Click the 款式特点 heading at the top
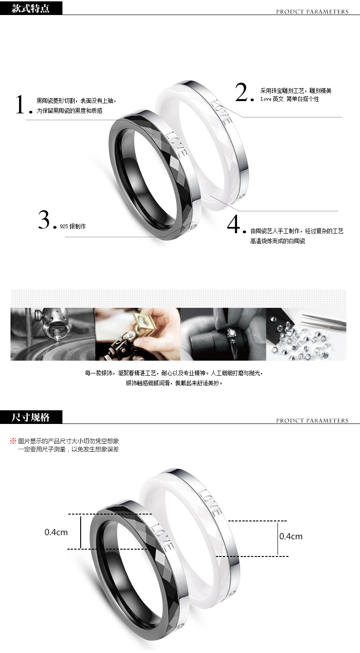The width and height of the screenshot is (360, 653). [x=31, y=8]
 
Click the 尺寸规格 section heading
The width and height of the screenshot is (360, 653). [x=31, y=417]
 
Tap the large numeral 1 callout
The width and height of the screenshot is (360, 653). [x=21, y=104]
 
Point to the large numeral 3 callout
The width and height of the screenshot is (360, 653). [x=44, y=219]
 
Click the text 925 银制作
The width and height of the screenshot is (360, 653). [x=72, y=226]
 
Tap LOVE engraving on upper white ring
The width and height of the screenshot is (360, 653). [x=221, y=112]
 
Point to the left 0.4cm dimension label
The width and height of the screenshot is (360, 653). [x=56, y=532]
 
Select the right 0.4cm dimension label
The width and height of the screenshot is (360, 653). [x=291, y=536]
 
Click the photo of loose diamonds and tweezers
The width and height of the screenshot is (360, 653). [x=306, y=334]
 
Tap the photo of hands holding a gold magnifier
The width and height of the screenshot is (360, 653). [x=138, y=334]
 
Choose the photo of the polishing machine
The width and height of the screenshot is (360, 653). [x=53, y=334]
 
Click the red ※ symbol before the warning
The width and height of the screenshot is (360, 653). [x=13, y=441]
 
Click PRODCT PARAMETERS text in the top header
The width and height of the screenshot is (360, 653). [x=312, y=12]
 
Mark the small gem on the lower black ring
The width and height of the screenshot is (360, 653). [x=181, y=624]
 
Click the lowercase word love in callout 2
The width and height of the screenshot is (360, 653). [x=266, y=99]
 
